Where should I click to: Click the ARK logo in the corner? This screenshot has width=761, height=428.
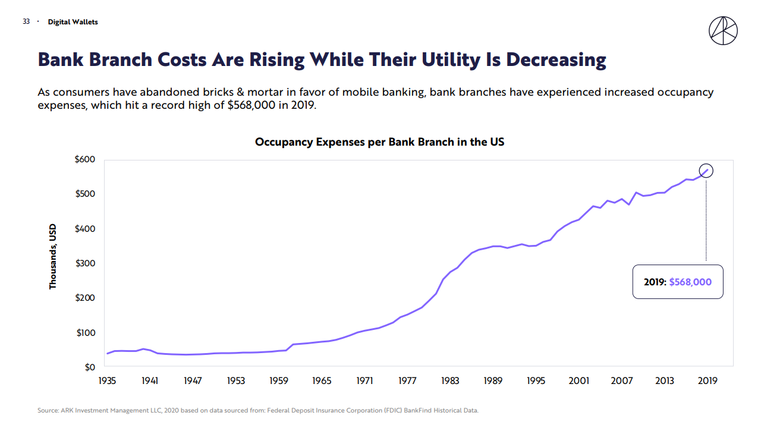(x=723, y=30)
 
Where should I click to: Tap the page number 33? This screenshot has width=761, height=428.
(x=26, y=22)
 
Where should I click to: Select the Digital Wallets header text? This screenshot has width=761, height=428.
(x=73, y=22)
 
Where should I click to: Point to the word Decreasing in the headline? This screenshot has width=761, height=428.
(x=556, y=59)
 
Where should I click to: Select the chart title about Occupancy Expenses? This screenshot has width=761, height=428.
(x=379, y=142)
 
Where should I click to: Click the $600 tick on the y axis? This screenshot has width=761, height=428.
(x=85, y=159)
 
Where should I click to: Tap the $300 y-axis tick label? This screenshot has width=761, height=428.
(x=85, y=263)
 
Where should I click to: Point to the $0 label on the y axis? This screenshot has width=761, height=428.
(x=89, y=367)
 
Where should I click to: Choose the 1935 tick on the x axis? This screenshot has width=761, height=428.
(x=107, y=380)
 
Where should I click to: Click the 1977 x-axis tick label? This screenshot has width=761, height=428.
(x=407, y=380)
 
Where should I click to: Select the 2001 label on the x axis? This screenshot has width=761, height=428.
(x=579, y=380)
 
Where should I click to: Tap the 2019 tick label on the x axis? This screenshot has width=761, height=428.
(x=707, y=380)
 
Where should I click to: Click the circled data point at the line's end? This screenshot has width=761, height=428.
(x=706, y=171)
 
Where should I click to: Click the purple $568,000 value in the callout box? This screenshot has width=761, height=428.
(x=690, y=282)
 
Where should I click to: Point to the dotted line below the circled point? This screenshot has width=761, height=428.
(x=706, y=220)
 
